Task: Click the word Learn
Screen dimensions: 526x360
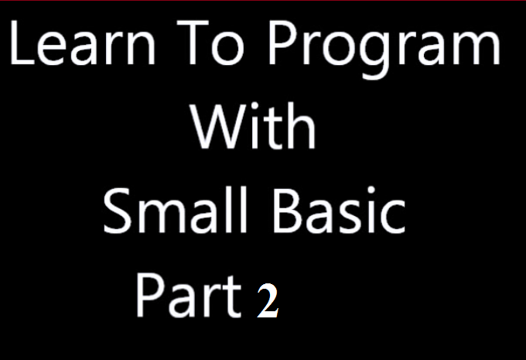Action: (x=83, y=43)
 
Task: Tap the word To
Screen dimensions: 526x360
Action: (x=210, y=43)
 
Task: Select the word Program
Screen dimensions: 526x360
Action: (x=384, y=50)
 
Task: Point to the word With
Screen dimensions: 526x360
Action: (x=253, y=125)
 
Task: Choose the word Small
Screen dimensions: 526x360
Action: (x=175, y=210)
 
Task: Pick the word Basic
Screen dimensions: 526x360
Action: (x=340, y=210)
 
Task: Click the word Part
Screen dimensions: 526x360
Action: (x=189, y=296)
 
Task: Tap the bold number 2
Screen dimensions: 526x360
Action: (x=268, y=300)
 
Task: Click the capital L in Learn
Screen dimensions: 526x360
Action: (x=22, y=43)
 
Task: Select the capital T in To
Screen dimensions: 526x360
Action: (x=193, y=43)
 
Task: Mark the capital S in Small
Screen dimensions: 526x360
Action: (x=117, y=211)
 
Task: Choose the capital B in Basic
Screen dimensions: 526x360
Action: (x=289, y=210)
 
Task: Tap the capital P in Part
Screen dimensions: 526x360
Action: (x=150, y=296)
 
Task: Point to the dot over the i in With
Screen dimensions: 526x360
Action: (x=254, y=106)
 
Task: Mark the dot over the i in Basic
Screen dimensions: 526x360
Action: (x=371, y=190)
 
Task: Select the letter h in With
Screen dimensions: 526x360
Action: (x=300, y=125)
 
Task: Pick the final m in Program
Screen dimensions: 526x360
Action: (x=477, y=48)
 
